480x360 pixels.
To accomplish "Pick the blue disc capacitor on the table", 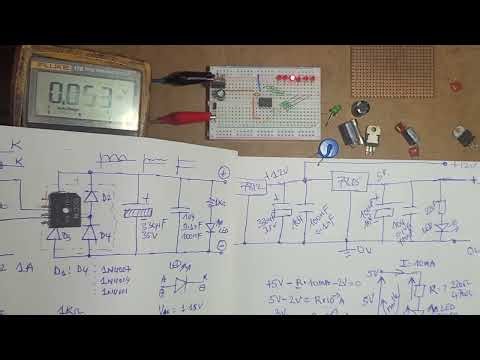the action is (x=327, y=149).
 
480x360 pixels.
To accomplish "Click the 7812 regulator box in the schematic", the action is (x=252, y=188).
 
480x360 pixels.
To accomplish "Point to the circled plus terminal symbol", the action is (x=223, y=173).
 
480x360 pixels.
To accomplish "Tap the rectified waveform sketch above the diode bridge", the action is (x=119, y=159).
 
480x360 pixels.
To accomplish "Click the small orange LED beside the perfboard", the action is (x=456, y=87).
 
